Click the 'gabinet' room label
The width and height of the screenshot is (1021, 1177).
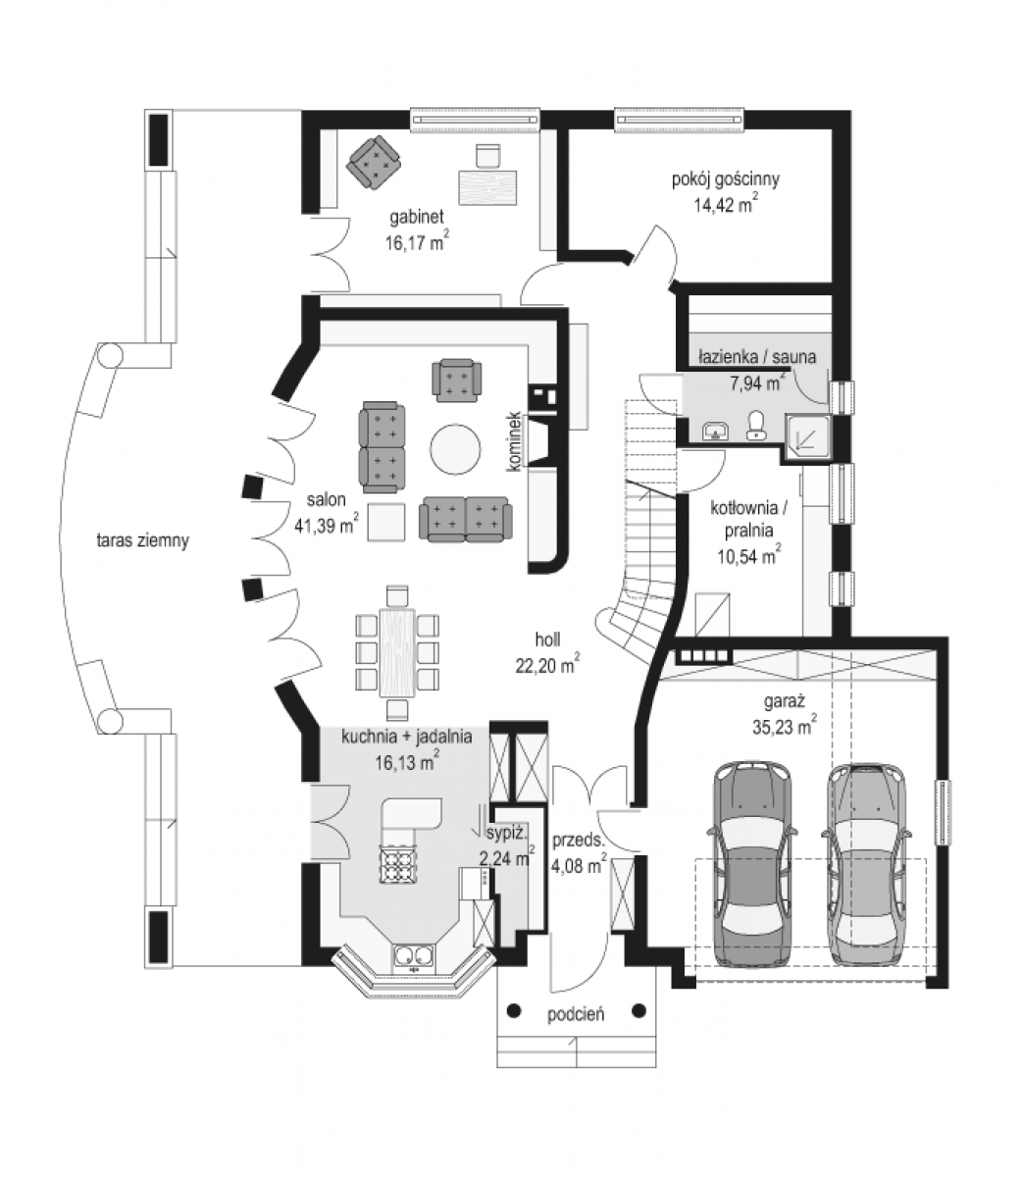[x=417, y=217]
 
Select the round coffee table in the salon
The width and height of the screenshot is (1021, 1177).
[x=455, y=448]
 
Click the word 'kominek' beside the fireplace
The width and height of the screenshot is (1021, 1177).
[x=514, y=440]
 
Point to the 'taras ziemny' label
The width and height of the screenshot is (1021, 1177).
[x=142, y=540]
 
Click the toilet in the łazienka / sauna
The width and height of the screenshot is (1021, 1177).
[x=755, y=426]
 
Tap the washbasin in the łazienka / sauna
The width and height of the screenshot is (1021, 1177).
[x=716, y=430]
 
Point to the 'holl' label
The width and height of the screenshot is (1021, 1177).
[x=547, y=640]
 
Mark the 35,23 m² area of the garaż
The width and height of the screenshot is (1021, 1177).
[x=785, y=726]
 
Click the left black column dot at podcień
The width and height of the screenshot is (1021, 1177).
[x=514, y=1010]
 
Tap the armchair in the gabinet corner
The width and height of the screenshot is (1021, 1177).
[x=374, y=161]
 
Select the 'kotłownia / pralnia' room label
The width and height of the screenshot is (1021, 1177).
[x=748, y=518]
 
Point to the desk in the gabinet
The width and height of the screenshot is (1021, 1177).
[x=488, y=187]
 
